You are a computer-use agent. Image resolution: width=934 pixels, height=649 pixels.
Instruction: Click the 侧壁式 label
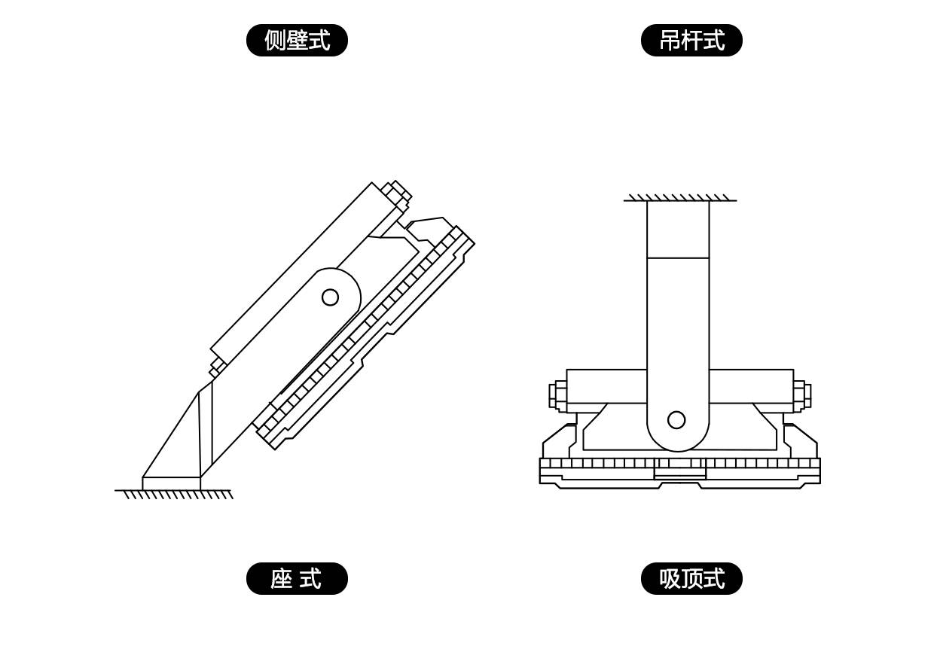(297, 41)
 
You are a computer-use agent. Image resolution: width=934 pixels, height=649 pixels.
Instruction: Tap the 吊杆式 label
(691, 41)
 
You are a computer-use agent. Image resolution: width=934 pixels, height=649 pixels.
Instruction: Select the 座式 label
(297, 579)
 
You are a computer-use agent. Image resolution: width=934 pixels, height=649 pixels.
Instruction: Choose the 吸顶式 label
(691, 579)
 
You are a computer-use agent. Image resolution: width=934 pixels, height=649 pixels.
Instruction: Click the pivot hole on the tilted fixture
(330, 297)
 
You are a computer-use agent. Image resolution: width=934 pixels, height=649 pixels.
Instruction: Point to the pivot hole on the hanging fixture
(676, 420)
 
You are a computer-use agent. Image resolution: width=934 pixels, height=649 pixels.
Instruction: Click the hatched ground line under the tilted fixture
(174, 494)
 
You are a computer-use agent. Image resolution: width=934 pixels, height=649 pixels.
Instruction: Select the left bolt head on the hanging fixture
(557, 395)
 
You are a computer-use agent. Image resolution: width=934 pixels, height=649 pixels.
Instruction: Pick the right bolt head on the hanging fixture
(802, 395)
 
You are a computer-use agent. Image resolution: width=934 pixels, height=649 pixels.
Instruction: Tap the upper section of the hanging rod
(678, 229)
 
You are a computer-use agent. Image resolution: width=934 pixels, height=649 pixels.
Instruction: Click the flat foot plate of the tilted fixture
(171, 483)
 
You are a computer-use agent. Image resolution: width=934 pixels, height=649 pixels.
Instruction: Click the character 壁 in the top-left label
(297, 41)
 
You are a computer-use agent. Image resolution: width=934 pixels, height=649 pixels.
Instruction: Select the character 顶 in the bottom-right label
(691, 579)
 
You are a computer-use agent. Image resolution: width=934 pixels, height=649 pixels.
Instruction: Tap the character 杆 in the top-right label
(691, 41)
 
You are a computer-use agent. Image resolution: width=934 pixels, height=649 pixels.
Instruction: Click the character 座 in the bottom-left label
(281, 579)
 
